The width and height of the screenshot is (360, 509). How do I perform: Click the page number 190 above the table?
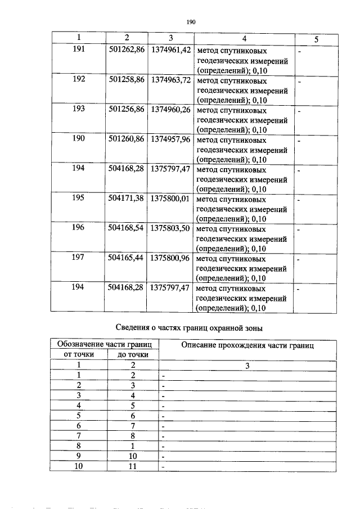[x=190, y=22]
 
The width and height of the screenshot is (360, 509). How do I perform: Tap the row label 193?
[x=79, y=109]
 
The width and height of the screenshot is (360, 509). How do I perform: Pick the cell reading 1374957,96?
[x=170, y=139]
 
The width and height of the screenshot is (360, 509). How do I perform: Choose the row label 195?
[x=79, y=199]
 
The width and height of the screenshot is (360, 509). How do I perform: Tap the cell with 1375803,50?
[x=170, y=228]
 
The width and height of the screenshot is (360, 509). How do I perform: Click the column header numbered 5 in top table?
[x=316, y=39]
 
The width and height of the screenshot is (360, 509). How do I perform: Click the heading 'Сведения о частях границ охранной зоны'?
[x=190, y=327]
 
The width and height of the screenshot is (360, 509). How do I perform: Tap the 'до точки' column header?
[x=133, y=354]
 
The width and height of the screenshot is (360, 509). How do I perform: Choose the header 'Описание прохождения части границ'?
[x=247, y=345]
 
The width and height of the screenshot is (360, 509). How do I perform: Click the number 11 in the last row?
[x=133, y=466]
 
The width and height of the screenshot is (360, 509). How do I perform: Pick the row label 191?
[x=79, y=50]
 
